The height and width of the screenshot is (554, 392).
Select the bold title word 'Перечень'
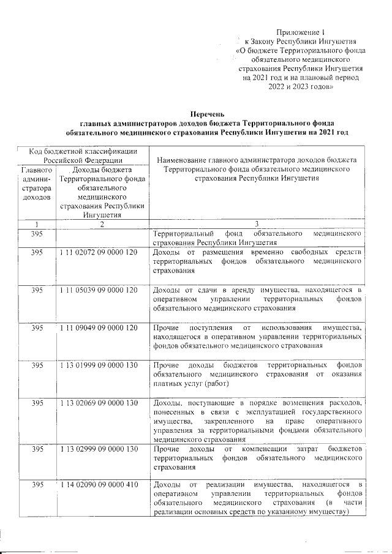point(208,114)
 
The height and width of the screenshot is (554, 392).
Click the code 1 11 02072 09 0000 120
point(99,253)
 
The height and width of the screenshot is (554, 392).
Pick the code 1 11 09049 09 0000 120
point(99,328)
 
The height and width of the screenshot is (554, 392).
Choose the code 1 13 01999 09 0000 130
point(99,365)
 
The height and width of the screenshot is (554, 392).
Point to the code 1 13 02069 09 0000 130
point(99,402)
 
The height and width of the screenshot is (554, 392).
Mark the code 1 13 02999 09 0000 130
point(99,450)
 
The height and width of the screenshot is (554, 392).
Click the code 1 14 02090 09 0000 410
point(99,485)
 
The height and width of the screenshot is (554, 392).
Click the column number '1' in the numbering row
point(37,225)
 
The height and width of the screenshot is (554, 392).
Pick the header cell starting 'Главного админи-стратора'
point(37,184)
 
